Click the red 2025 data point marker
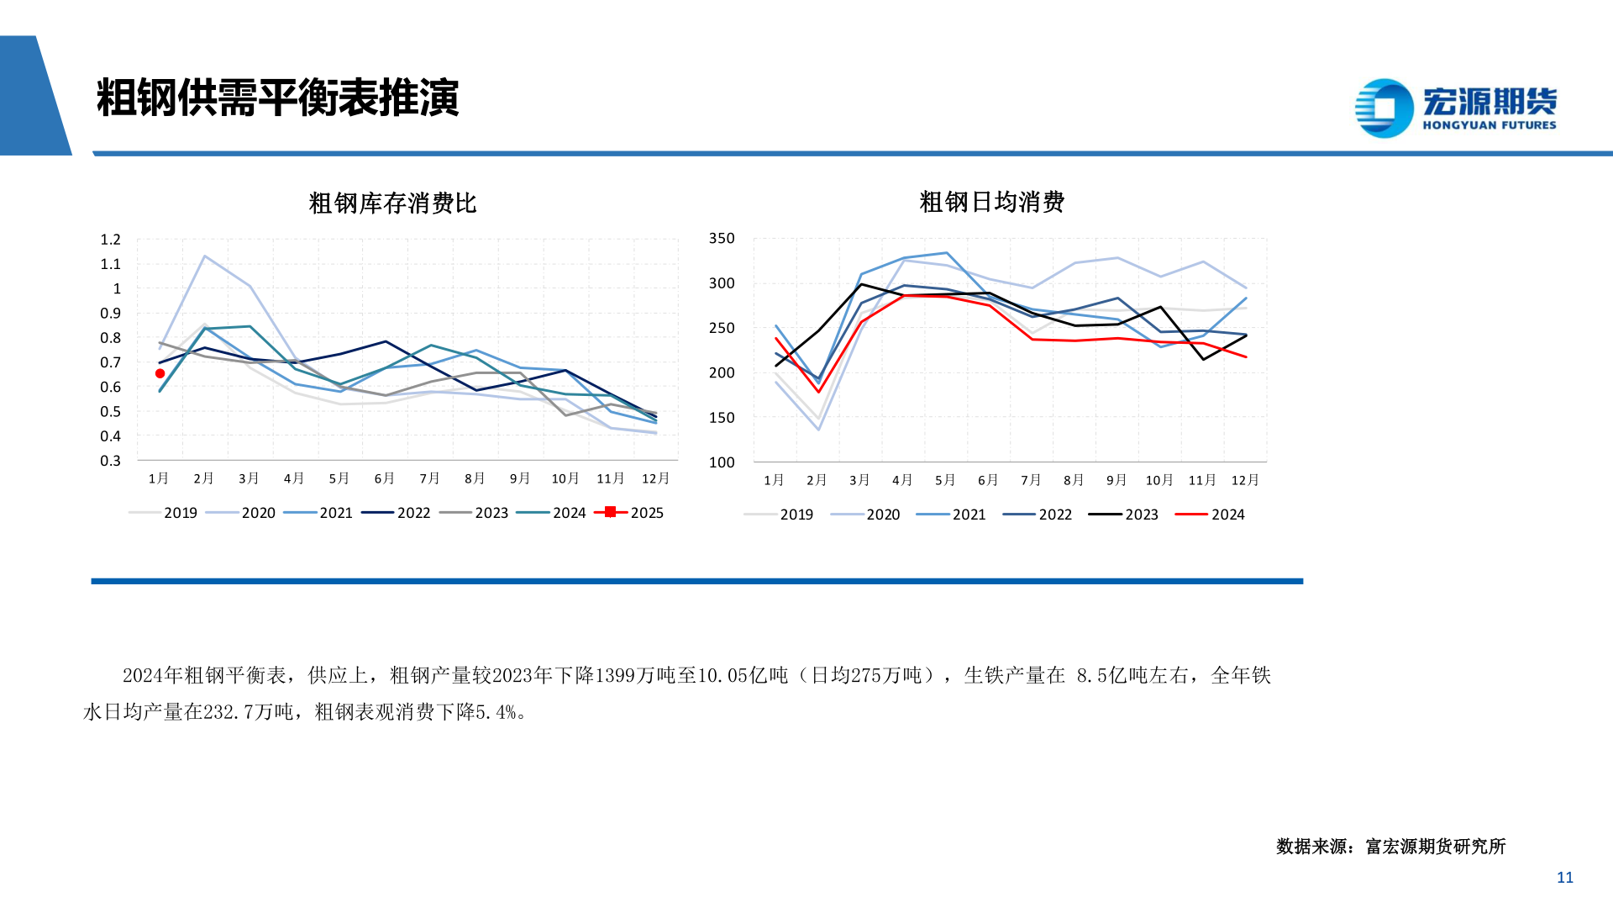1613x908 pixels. pyautogui.click(x=160, y=373)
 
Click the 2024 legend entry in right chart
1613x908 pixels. pyautogui.click(x=1211, y=515)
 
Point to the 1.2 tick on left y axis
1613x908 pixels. pyautogui.click(x=111, y=240)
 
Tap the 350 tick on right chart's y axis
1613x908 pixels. pyautogui.click(x=722, y=239)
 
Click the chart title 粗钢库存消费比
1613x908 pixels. pyautogui.click(x=392, y=203)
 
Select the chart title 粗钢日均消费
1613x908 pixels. pyautogui.click(x=991, y=202)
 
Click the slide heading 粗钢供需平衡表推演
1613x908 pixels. pyautogui.click(x=277, y=98)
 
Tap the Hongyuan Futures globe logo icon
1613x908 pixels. pyautogui.click(x=1384, y=108)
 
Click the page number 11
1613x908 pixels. pyautogui.click(x=1564, y=878)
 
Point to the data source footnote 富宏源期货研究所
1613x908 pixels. pyautogui.click(x=1435, y=847)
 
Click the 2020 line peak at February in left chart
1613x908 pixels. pyautogui.click(x=204, y=256)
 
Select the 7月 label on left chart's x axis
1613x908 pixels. pyautogui.click(x=429, y=478)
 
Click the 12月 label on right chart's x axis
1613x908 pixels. pyautogui.click(x=1245, y=480)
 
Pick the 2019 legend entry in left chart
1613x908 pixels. pyautogui.click(x=164, y=513)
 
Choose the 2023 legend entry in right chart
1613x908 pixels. pyautogui.click(x=1124, y=515)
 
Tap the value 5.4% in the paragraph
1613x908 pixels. pyautogui.click(x=496, y=712)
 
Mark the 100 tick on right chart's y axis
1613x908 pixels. pyautogui.click(x=722, y=462)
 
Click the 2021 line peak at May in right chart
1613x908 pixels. pyautogui.click(x=947, y=253)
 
